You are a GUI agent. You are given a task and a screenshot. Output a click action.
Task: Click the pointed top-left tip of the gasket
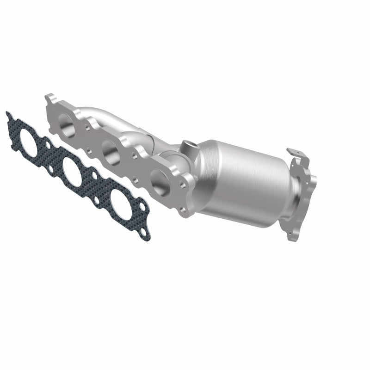pos(6,112)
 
